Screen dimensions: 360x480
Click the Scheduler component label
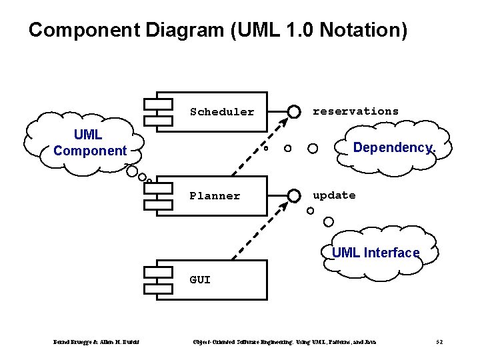coord(222,112)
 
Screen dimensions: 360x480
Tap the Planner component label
coord(215,196)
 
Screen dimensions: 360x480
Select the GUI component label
coord(200,280)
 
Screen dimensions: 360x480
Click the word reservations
coord(356,111)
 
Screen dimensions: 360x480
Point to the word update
coord(334,195)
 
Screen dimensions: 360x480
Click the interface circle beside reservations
coord(293,111)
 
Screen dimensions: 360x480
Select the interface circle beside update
coord(293,195)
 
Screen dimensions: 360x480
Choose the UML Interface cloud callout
coord(376,253)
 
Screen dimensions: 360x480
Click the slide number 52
coord(439,342)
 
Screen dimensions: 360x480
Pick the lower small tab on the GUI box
coord(154,288)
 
